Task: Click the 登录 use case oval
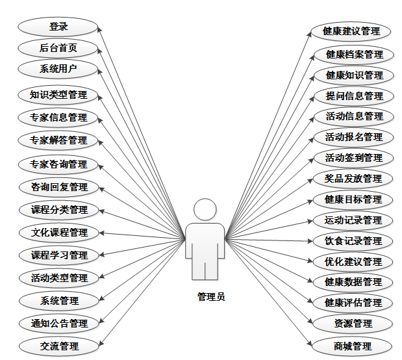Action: pos(58,27)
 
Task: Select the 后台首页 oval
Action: pos(58,48)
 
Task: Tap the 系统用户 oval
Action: pos(58,69)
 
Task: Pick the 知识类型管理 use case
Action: pos(58,95)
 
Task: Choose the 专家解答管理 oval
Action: pos(58,140)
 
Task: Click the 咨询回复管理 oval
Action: pos(58,187)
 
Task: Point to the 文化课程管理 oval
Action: pos(58,233)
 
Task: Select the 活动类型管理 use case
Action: pos(58,278)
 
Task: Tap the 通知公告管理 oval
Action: pos(58,324)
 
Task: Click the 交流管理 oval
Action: pos(58,346)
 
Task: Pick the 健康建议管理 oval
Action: pos(352,31)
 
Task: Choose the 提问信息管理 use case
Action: pos(353,96)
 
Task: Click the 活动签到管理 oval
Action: pos(353,158)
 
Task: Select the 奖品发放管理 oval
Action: pos(353,179)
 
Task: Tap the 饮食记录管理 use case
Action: pos(353,241)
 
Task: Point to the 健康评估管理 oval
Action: pos(353,303)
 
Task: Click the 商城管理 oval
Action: pos(353,346)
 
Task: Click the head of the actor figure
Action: pos(205,210)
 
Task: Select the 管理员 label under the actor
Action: pos(211,297)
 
